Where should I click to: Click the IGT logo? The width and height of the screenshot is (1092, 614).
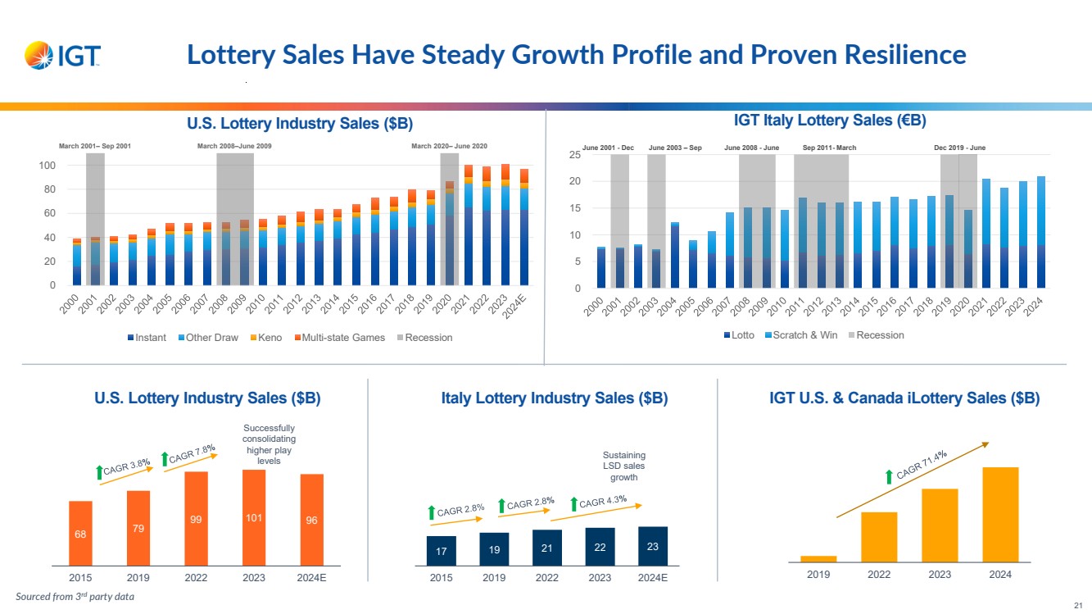click(63, 56)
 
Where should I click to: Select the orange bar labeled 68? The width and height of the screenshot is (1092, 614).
click(80, 533)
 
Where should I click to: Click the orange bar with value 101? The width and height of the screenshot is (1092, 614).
click(254, 517)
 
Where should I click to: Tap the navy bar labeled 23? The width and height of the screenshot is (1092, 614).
click(653, 546)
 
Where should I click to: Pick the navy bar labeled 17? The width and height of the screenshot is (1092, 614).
click(442, 551)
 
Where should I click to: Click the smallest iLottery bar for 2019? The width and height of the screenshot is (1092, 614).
click(818, 558)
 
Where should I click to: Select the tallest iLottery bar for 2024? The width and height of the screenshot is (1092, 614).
click(1000, 514)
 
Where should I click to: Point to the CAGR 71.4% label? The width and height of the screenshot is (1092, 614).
click(922, 465)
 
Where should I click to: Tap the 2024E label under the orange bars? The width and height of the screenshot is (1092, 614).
click(311, 576)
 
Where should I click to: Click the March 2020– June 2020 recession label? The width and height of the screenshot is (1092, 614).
click(449, 146)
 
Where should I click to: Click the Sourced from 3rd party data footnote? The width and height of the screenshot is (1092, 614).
click(75, 597)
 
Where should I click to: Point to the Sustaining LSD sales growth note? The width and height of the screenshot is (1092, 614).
click(624, 466)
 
